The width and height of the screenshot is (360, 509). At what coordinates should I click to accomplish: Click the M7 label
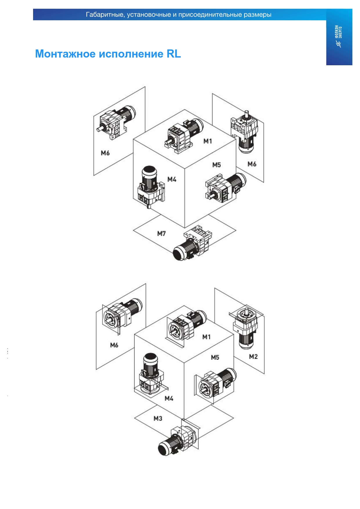coord(161,233)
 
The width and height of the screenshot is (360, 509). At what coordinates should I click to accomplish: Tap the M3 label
coord(158,418)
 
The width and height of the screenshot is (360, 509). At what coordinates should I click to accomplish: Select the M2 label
coord(253,356)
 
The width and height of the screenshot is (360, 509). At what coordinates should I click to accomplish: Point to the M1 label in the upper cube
coord(208,141)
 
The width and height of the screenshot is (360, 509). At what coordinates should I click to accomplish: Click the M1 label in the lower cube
coord(206,337)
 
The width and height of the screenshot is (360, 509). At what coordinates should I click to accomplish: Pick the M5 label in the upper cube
coord(216,165)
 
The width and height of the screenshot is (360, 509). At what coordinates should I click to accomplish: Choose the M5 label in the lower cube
coord(215,357)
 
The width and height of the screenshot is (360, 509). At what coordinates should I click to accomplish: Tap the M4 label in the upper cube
coord(172,180)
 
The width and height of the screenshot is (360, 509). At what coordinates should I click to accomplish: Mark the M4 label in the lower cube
coord(169,398)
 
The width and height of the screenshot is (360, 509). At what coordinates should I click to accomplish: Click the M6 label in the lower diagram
coord(114,345)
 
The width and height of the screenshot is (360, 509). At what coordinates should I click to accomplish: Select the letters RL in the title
coord(173,54)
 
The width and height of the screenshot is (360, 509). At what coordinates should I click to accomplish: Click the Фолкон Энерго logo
coord(339,36)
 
